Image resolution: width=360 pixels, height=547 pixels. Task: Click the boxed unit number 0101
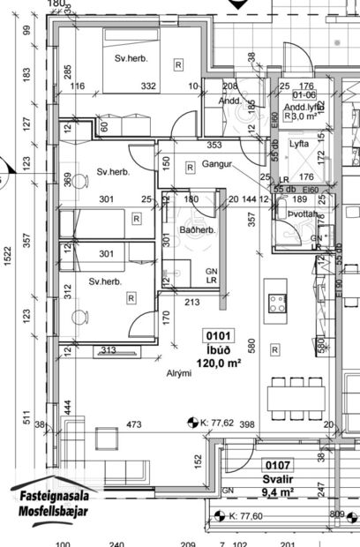[x=218, y=335]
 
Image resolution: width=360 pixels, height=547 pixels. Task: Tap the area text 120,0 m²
[x=218, y=362]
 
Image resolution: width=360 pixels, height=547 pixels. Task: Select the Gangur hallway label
[x=215, y=165]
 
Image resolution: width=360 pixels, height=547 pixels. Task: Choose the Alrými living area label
[x=179, y=373]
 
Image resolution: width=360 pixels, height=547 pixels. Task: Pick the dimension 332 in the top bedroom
[x=148, y=86]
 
